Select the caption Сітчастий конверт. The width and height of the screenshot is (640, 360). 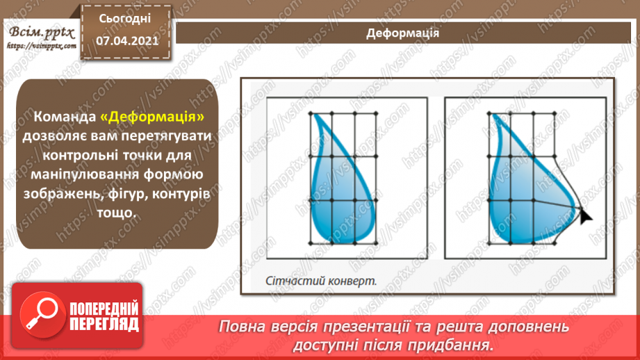click(x=320, y=281)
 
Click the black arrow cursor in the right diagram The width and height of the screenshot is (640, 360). click(x=585, y=215)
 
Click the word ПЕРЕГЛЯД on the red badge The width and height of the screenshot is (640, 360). click(x=104, y=325)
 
